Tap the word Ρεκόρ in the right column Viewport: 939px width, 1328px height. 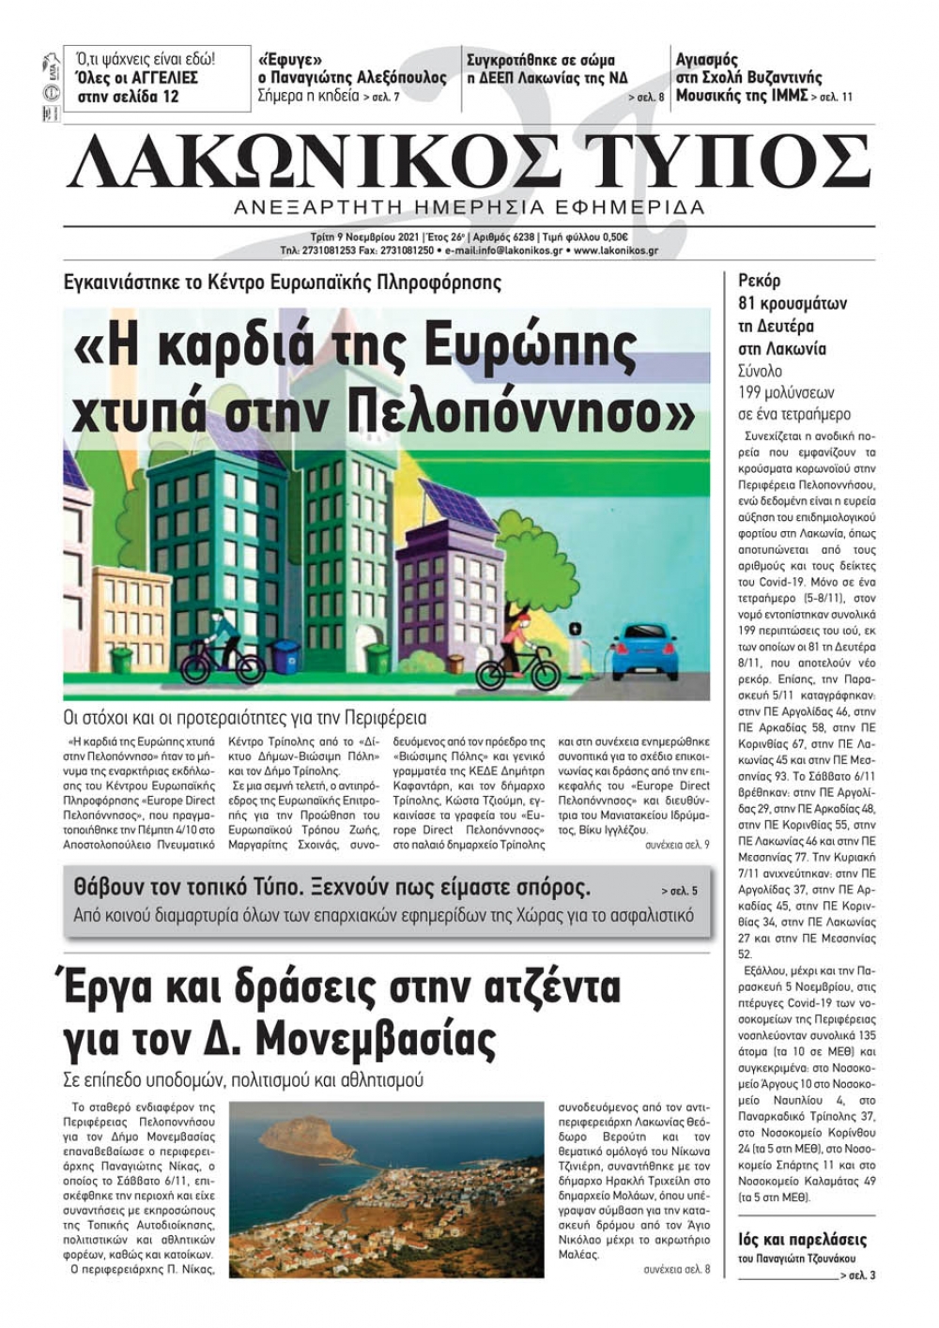759,281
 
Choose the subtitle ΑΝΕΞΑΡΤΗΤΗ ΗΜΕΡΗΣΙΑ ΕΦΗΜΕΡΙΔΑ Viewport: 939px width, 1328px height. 469,206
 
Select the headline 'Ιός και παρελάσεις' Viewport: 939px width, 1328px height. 802,1240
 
